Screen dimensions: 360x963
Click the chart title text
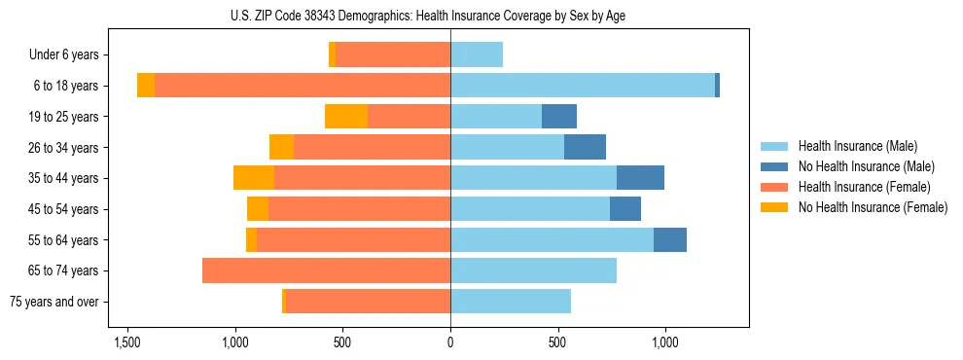tap(450, 16)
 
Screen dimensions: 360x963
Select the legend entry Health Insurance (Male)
tap(857, 146)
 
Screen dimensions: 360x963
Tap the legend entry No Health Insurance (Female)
tap(873, 207)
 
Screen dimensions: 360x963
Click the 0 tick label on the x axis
tap(450, 342)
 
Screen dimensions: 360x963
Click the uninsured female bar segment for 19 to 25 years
tap(346, 117)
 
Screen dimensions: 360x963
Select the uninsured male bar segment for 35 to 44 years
tap(640, 178)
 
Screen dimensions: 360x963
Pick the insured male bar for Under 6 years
tap(477, 55)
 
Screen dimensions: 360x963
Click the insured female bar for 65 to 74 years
tap(326, 270)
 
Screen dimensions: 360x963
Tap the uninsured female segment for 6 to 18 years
tap(146, 86)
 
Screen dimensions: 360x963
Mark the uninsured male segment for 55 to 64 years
tap(670, 239)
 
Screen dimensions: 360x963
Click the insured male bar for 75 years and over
tap(511, 302)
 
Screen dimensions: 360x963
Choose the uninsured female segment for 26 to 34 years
tap(281, 147)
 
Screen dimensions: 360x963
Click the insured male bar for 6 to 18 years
tap(582, 86)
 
